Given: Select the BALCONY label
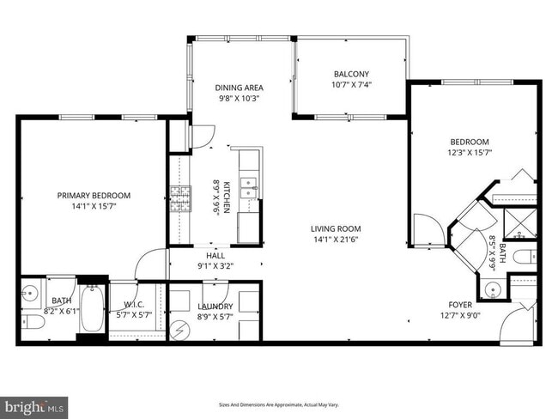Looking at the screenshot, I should pyautogui.click(x=352, y=74).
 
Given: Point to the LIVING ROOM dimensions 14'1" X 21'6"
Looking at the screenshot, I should pyautogui.click(x=336, y=240).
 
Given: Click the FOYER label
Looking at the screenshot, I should pyautogui.click(x=460, y=305).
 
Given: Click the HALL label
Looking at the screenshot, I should pyautogui.click(x=215, y=255).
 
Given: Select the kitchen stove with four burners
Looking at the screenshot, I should pyautogui.click(x=179, y=199).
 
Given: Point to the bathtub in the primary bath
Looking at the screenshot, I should pyautogui.click(x=93, y=307).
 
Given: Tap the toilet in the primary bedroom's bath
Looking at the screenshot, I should pyautogui.click(x=32, y=322).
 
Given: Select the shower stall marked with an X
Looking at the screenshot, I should pyautogui.click(x=519, y=223).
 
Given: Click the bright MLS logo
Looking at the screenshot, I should pyautogui.click(x=34, y=404).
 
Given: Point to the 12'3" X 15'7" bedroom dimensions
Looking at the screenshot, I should pyautogui.click(x=470, y=152).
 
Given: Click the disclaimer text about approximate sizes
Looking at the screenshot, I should pyautogui.click(x=278, y=403).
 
